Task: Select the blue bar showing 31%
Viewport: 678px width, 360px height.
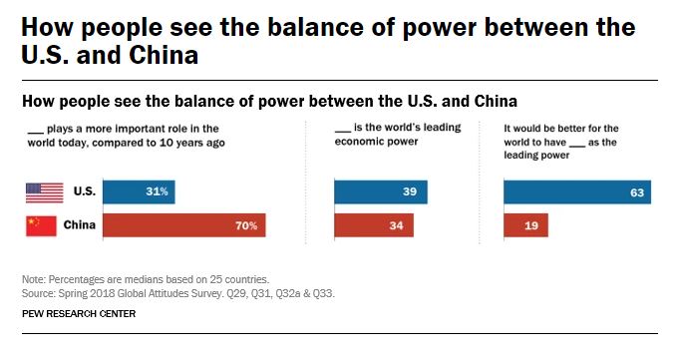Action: click(x=139, y=191)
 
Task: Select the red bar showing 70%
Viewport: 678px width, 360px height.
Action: click(x=184, y=225)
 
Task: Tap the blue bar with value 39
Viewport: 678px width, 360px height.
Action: click(x=381, y=191)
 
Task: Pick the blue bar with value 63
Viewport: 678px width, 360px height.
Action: click(x=577, y=191)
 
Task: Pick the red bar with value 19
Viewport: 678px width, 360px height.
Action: click(x=526, y=225)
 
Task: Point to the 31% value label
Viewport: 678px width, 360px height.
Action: click(x=157, y=191)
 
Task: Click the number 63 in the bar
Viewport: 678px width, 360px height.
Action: click(x=635, y=191)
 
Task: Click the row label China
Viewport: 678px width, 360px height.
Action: click(x=79, y=226)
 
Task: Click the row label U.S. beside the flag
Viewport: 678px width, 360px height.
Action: click(x=83, y=191)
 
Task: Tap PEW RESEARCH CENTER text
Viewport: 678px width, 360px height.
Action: click(x=78, y=314)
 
